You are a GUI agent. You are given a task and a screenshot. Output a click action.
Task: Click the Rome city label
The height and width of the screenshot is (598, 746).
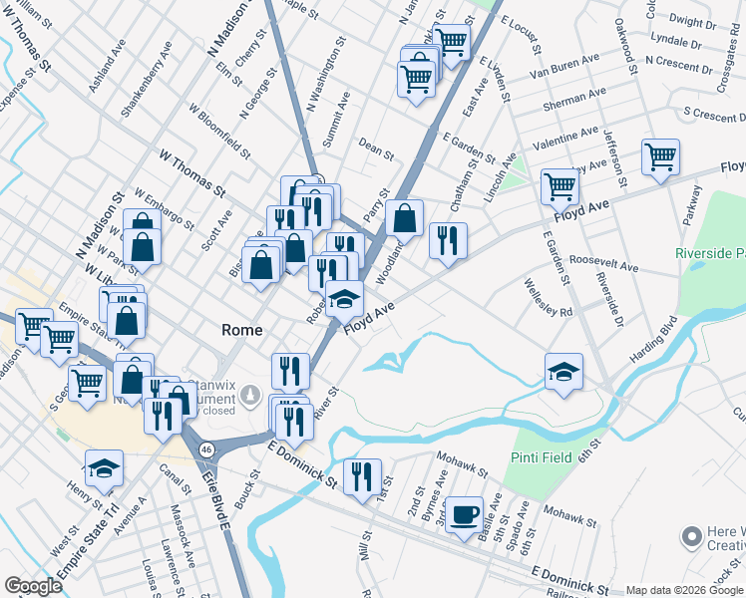click(241, 330)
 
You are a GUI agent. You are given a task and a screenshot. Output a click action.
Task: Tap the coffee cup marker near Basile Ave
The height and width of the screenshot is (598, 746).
click(464, 513)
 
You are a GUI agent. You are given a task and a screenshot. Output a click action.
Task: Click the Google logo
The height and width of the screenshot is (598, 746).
click(34, 586)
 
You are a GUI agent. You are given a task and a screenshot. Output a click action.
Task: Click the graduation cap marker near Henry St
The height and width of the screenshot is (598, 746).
click(104, 468)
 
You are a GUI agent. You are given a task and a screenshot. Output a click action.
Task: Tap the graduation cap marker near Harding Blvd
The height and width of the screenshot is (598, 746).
click(564, 371)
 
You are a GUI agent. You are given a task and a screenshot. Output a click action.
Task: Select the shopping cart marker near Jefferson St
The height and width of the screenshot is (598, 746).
click(660, 156)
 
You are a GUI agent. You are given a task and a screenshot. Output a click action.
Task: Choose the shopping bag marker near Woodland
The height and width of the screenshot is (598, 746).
click(405, 217)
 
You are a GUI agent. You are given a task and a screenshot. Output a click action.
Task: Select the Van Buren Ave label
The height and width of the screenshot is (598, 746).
click(565, 67)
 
